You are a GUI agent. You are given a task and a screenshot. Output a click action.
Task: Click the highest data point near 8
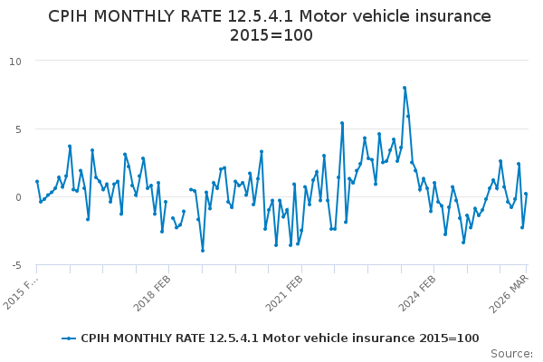[405, 88]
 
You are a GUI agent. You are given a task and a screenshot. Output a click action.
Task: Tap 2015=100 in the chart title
[271, 35]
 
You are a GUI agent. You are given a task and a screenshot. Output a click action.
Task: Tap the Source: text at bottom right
[512, 353]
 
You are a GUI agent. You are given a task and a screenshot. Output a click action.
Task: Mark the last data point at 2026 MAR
[526, 195]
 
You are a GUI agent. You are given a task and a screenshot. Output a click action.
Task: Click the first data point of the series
[37, 181]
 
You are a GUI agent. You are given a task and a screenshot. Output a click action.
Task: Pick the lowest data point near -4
[203, 251]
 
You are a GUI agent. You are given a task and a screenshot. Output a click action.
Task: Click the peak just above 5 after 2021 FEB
[342, 123]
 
